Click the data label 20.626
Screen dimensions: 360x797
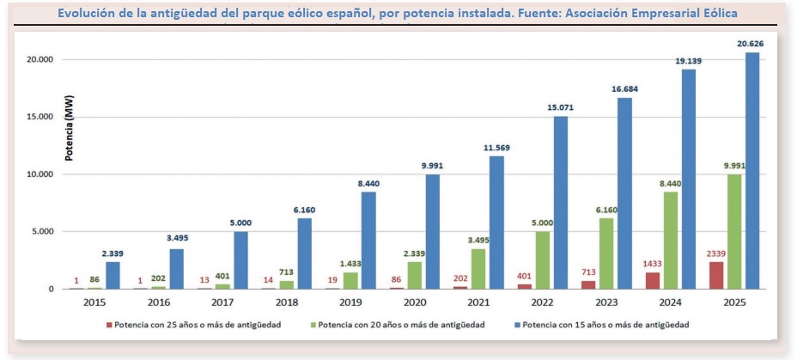click(x=751, y=44)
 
